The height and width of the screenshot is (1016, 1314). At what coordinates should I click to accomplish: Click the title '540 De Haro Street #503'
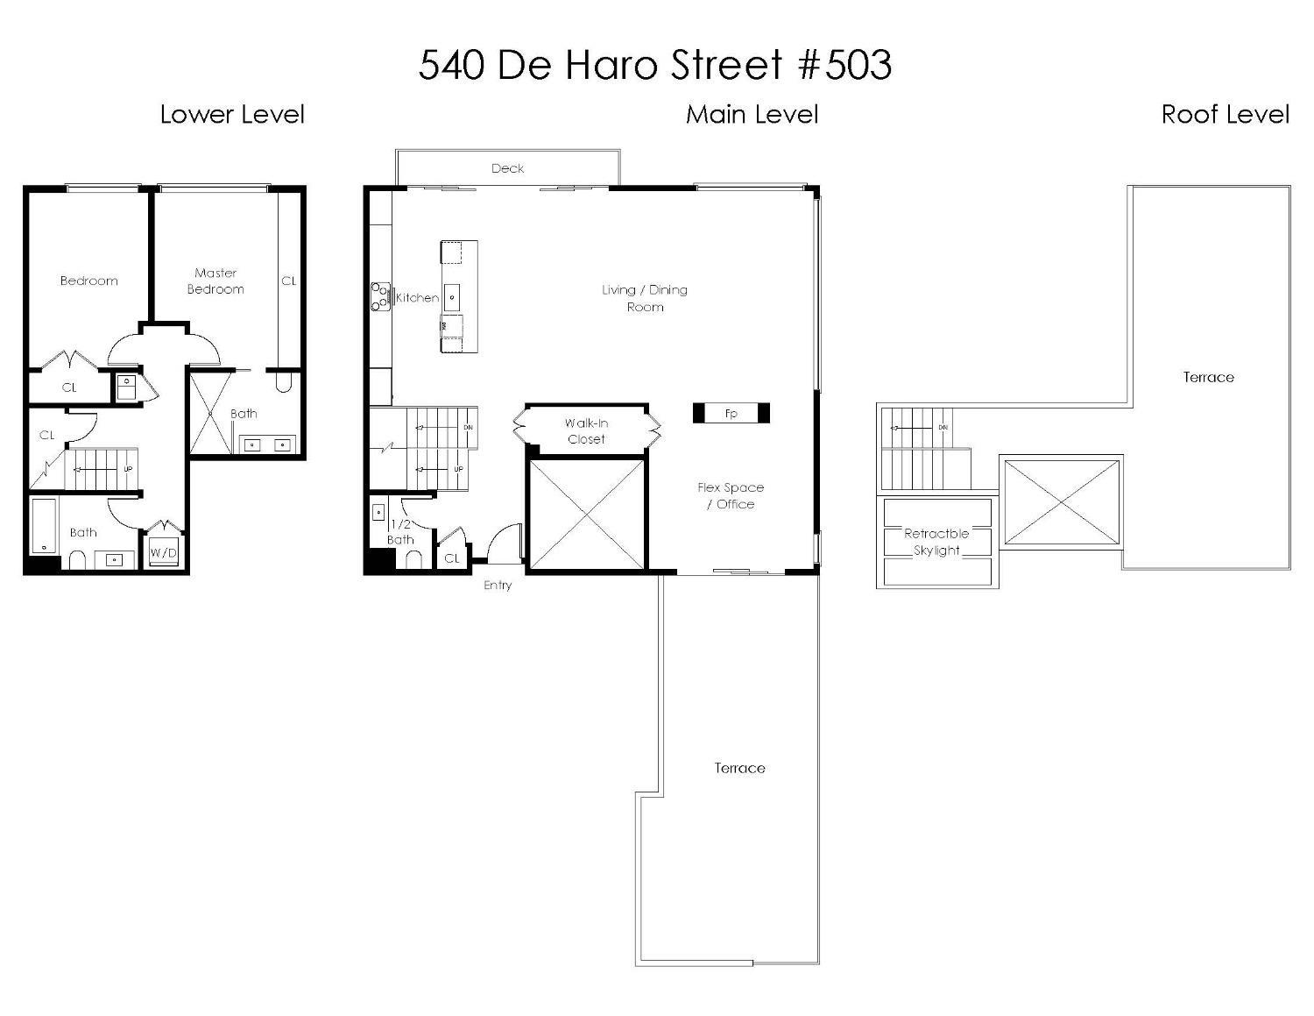coord(655,66)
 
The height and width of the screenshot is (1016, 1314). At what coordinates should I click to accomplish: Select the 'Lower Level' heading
coord(232,114)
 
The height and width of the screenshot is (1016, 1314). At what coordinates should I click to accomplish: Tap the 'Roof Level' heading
coord(1225,114)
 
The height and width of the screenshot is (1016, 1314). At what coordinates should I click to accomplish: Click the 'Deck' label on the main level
coord(507,168)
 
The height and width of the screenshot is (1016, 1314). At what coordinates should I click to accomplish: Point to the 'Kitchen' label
coord(418,298)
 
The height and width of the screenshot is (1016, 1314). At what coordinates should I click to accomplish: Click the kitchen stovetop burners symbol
coord(380,296)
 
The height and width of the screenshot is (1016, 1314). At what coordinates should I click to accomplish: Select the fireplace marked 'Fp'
coord(731,413)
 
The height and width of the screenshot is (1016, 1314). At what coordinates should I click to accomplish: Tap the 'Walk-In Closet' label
coord(586,431)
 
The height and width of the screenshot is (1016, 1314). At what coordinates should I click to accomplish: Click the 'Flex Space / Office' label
coord(731,495)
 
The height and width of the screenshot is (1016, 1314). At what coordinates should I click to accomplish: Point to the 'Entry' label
coord(498,586)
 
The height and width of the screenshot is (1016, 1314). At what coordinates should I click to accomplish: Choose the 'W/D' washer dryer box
coord(163,552)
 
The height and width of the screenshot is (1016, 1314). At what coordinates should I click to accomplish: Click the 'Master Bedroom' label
coord(215,281)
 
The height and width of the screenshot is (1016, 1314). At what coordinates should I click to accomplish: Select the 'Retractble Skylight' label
coord(936,542)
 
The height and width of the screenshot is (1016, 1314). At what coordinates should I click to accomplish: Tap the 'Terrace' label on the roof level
coord(1208,377)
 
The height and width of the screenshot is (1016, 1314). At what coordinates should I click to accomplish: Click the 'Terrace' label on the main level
coord(739,768)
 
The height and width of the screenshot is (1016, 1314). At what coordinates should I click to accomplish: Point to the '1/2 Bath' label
coord(400,532)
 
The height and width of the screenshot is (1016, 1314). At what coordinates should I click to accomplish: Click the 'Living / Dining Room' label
coord(645,298)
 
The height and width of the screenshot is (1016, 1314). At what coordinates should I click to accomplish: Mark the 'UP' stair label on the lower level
coord(128,469)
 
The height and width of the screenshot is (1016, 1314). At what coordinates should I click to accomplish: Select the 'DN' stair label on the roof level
coord(943,428)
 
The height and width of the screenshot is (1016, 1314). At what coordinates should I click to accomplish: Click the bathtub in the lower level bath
coord(44,526)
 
